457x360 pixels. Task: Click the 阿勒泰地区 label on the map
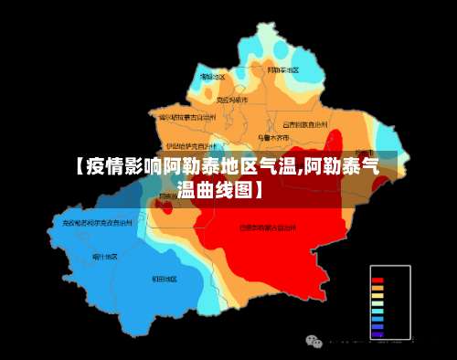tap(282, 69)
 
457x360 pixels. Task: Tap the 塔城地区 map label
tap(212, 77)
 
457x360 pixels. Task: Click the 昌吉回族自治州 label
tap(304, 123)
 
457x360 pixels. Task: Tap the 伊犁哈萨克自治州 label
tap(191, 144)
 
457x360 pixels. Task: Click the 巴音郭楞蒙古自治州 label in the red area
tap(268, 227)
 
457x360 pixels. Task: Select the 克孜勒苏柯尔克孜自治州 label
tap(98, 222)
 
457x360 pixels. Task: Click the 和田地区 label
tap(165, 278)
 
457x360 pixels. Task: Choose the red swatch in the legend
tap(377, 279)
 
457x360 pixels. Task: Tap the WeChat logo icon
tap(314, 341)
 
